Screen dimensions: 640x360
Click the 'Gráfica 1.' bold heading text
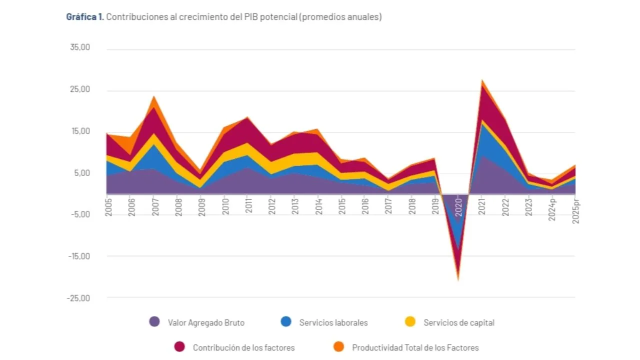coord(85,17)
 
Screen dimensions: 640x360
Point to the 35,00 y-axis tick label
coord(80,47)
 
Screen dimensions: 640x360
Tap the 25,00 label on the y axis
coord(80,89)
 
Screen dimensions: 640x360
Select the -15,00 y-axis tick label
coord(79,256)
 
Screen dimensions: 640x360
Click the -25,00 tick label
coord(78,298)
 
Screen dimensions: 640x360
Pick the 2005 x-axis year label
coord(108,207)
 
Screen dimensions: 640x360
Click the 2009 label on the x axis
coord(201,207)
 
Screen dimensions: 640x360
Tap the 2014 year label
coord(318,206)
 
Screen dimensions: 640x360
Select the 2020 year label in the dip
coord(458,207)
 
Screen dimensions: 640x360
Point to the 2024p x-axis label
coord(552,209)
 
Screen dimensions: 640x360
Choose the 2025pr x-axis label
coord(575,210)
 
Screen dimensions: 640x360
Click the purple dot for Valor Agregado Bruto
coord(154,321)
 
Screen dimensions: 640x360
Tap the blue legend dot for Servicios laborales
coord(286,321)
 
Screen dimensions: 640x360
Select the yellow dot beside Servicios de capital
coord(410,321)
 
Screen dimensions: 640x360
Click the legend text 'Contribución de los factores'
coord(243,347)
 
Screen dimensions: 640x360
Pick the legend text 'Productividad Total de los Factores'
coord(415,347)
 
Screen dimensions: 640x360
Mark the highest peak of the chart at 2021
coord(482,80)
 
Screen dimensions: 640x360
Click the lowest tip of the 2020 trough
coord(458,280)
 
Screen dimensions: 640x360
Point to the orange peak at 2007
coord(154,96)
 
